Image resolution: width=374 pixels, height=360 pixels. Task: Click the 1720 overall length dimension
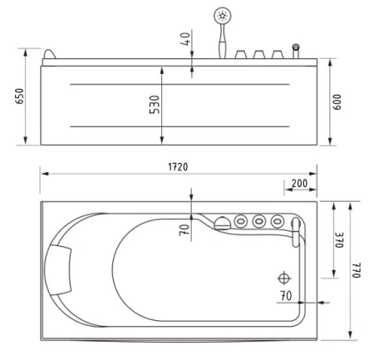point(178,166)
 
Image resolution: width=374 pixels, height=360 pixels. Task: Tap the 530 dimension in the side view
point(155,106)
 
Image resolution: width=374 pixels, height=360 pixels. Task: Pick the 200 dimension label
point(298,184)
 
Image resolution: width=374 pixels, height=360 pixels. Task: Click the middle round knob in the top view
point(259,222)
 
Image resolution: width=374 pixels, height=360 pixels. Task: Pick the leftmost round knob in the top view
point(241,222)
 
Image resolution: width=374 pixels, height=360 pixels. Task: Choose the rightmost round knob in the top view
point(278,222)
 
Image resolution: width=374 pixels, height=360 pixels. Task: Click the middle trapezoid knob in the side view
point(258,55)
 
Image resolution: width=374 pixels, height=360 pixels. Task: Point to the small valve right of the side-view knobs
point(294,52)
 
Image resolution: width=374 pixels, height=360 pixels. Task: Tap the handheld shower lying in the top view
point(221,222)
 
